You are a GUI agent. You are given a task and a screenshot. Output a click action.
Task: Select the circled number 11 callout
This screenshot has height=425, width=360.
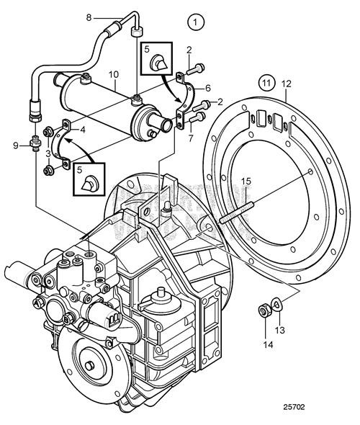pos(266,85)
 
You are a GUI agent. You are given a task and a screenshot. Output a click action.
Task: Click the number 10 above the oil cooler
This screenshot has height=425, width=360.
pos(114,74)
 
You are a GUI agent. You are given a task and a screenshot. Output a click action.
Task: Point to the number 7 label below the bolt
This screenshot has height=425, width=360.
pos(191,137)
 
